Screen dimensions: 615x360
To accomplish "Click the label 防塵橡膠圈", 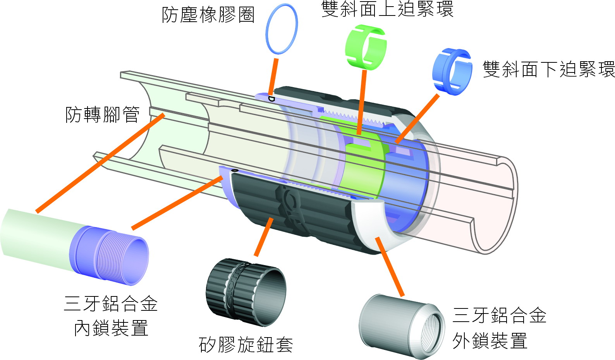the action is (x=208, y=15).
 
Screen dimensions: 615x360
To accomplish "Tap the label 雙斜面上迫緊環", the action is (x=387, y=9).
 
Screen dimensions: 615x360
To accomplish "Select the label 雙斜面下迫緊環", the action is (x=548, y=69).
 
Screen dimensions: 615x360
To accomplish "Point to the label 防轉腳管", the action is (x=102, y=115).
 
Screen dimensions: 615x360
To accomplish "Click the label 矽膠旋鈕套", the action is (x=246, y=344).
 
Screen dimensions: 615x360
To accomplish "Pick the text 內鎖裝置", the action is (x=111, y=328).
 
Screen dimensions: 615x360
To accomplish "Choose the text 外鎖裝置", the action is (x=490, y=341).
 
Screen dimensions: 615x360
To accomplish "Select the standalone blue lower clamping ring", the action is (x=452, y=72).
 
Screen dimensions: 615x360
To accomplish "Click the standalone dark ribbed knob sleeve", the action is (x=246, y=292).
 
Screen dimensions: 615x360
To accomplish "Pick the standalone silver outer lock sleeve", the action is (x=402, y=326).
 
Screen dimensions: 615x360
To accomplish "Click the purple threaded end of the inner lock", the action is (x=110, y=255).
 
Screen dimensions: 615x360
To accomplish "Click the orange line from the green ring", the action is (x=362, y=102).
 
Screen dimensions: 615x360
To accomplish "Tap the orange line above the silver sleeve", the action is (x=390, y=266).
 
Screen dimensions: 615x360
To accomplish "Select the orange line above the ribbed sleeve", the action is (x=264, y=237).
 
